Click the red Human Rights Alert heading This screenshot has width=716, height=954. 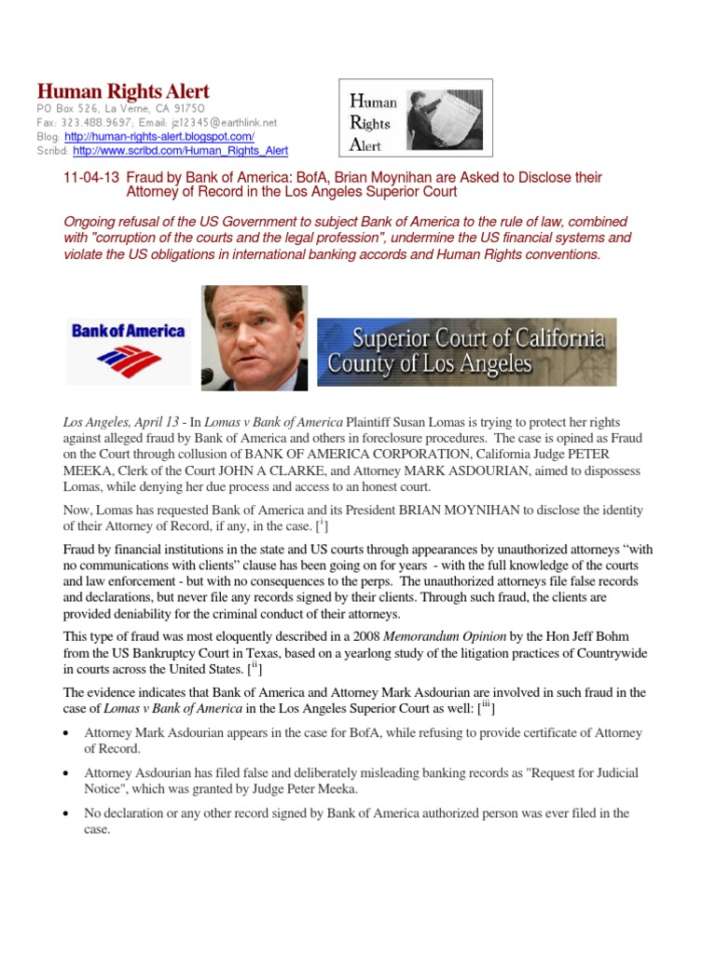(x=123, y=91)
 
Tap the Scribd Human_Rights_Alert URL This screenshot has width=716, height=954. (x=180, y=150)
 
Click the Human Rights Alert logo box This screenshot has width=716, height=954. (x=414, y=117)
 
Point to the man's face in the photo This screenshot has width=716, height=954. (x=255, y=331)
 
